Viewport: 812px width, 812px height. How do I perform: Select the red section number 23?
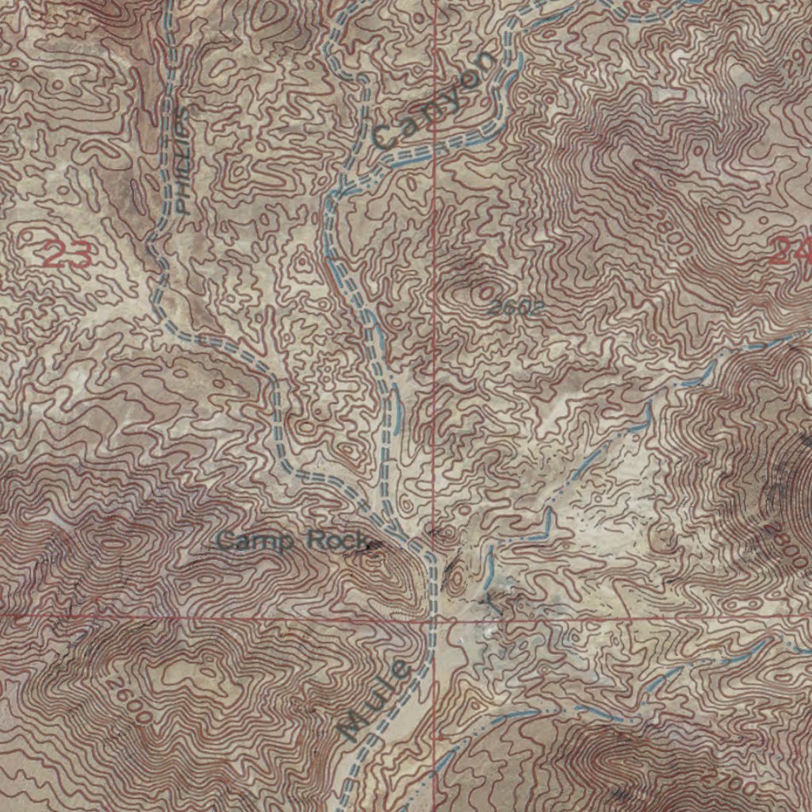point(67,255)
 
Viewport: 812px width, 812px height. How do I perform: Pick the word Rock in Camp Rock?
point(337,542)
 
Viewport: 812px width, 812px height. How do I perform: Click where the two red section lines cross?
point(435,617)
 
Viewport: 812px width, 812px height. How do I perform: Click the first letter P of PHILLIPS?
point(183,208)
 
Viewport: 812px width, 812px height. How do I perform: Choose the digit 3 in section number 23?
point(79,255)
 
